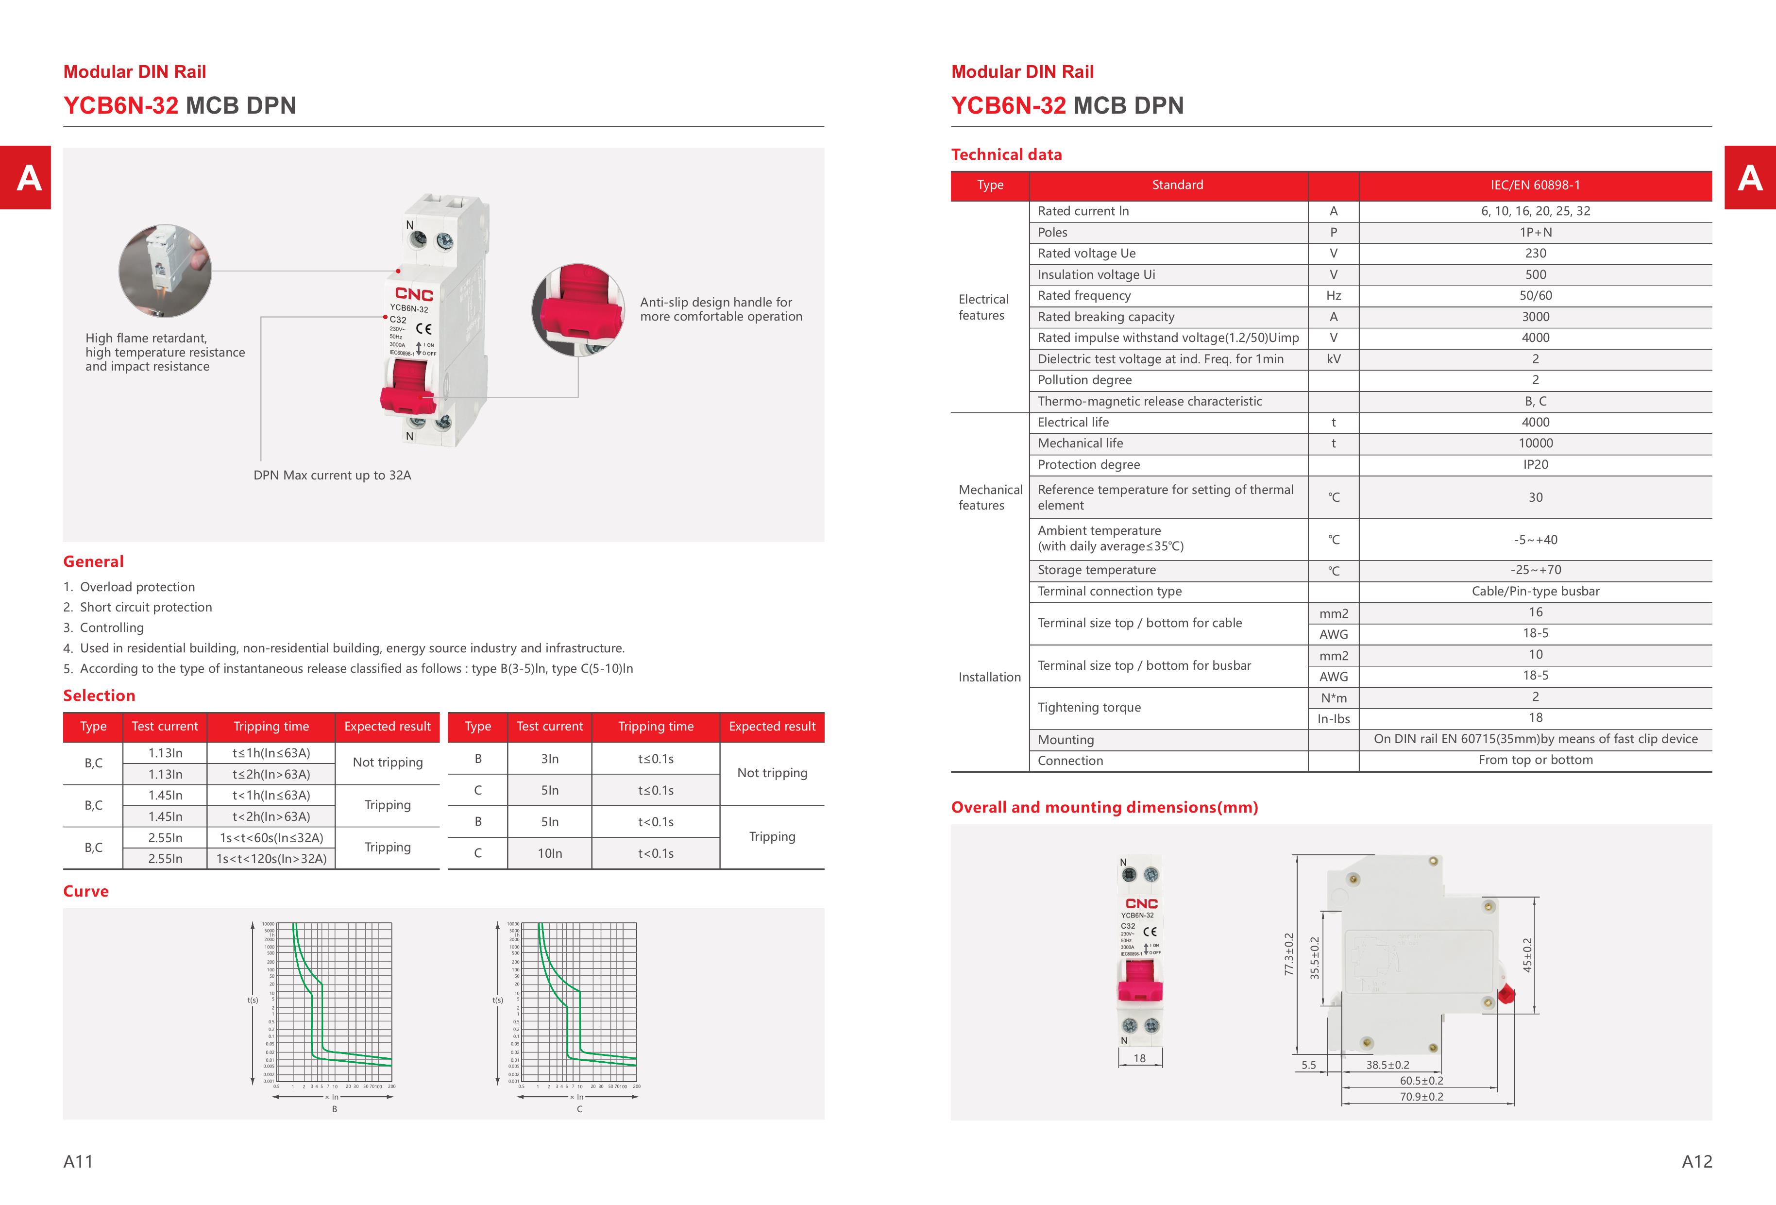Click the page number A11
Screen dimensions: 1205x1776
78,1161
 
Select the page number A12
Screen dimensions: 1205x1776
1696,1161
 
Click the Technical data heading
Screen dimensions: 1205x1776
1006,154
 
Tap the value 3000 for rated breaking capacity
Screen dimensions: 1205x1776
1535,316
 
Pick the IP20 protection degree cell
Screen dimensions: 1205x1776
1535,465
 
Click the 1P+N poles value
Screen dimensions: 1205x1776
1535,232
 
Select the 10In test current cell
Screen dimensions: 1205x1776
549,853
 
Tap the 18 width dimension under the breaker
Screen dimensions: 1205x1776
1139,1058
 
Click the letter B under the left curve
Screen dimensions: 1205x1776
334,1109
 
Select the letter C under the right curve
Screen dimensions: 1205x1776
579,1109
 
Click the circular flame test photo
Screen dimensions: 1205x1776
165,271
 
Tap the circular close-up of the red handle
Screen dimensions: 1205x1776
578,309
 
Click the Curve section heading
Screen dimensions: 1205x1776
85,891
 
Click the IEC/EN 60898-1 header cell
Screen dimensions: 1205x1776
1535,185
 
